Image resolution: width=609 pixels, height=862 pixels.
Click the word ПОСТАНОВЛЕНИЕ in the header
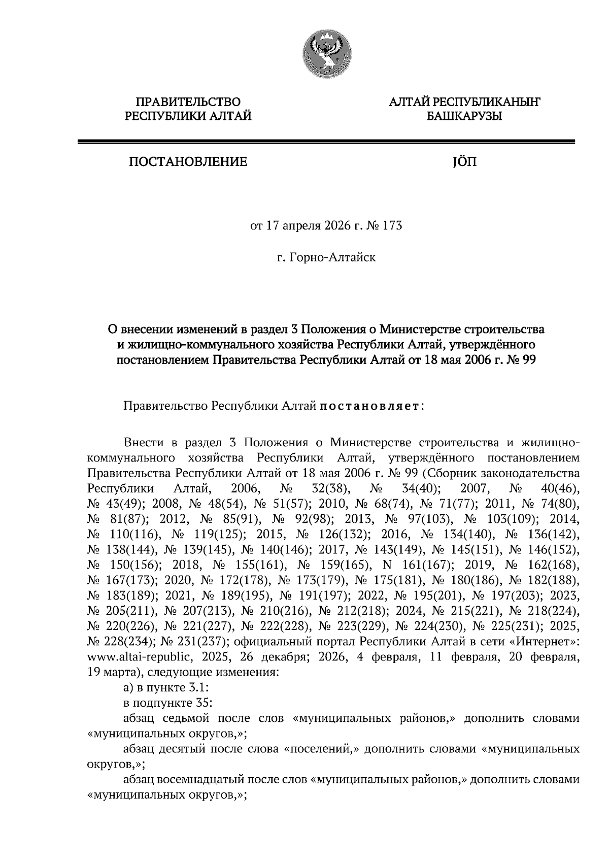[187, 162]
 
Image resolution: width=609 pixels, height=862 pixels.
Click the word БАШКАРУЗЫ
[464, 117]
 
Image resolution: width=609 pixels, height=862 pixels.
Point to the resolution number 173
[392, 225]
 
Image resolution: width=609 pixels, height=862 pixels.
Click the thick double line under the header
[326, 142]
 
